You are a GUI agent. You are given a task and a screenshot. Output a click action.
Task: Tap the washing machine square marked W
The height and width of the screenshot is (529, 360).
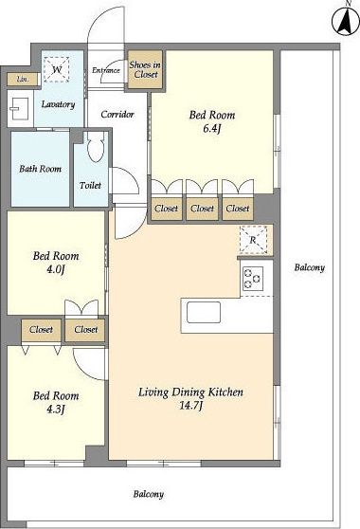[x=57, y=69]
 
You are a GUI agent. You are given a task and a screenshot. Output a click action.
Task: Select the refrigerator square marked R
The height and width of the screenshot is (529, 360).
[x=253, y=240]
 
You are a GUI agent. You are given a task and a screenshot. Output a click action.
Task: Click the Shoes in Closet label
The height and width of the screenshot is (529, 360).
[x=145, y=69]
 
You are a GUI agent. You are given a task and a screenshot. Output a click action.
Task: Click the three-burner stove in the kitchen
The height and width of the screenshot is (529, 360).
[x=252, y=279]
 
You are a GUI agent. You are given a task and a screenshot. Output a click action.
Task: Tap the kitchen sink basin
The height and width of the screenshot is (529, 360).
[x=204, y=313]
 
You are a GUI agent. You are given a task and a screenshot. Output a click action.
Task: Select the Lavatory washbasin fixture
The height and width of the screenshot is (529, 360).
[x=20, y=108]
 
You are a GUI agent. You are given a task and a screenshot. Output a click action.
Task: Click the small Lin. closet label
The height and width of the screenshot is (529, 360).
[x=23, y=80]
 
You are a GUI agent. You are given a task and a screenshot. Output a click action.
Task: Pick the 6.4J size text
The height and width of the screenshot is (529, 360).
[x=212, y=129]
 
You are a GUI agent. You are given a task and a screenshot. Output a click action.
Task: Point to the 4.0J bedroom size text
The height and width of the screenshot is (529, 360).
[x=56, y=269]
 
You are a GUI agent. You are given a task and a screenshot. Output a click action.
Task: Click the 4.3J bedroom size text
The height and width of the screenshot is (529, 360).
[x=56, y=410]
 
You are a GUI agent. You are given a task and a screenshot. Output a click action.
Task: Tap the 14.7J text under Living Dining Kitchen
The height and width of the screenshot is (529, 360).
[x=190, y=406]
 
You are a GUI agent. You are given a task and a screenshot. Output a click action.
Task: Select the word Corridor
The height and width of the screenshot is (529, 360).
[x=117, y=115]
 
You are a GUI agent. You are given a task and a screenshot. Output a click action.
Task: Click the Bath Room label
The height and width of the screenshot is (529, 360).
[x=41, y=169]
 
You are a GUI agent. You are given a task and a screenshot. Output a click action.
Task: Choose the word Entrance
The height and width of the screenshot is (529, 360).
[x=106, y=70]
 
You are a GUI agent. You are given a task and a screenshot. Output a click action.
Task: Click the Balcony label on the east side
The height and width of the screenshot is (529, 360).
[x=310, y=268]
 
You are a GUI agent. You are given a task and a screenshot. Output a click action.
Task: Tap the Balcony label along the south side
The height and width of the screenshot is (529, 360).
[x=149, y=494]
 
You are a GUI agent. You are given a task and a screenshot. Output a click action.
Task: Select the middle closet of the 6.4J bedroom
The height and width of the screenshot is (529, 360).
[x=202, y=209]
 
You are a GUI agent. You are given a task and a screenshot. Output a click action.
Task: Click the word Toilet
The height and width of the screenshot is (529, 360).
[x=90, y=185]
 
